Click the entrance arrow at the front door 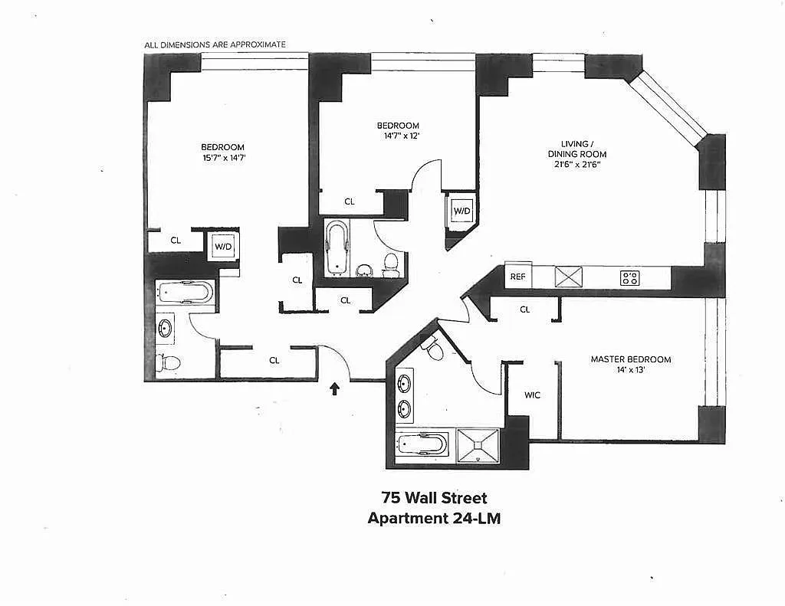tap(334, 388)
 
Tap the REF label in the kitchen tap(517, 277)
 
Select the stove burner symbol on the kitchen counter tap(630, 278)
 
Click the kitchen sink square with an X tap(569, 277)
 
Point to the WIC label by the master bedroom tap(532, 395)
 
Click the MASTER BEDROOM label tap(631, 359)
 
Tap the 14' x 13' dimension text tap(631, 370)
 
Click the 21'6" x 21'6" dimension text tap(576, 164)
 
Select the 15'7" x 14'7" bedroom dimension tap(223, 158)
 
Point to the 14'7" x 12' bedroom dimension tap(398, 136)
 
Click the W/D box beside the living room tap(461, 211)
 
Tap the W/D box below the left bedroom tap(223, 246)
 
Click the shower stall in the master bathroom tap(478, 445)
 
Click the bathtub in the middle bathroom tap(337, 247)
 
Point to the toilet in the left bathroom tap(168, 362)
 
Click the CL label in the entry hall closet tap(274, 360)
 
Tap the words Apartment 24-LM tap(434, 518)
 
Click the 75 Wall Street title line tap(434, 498)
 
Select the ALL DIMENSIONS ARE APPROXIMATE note tap(215, 44)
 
